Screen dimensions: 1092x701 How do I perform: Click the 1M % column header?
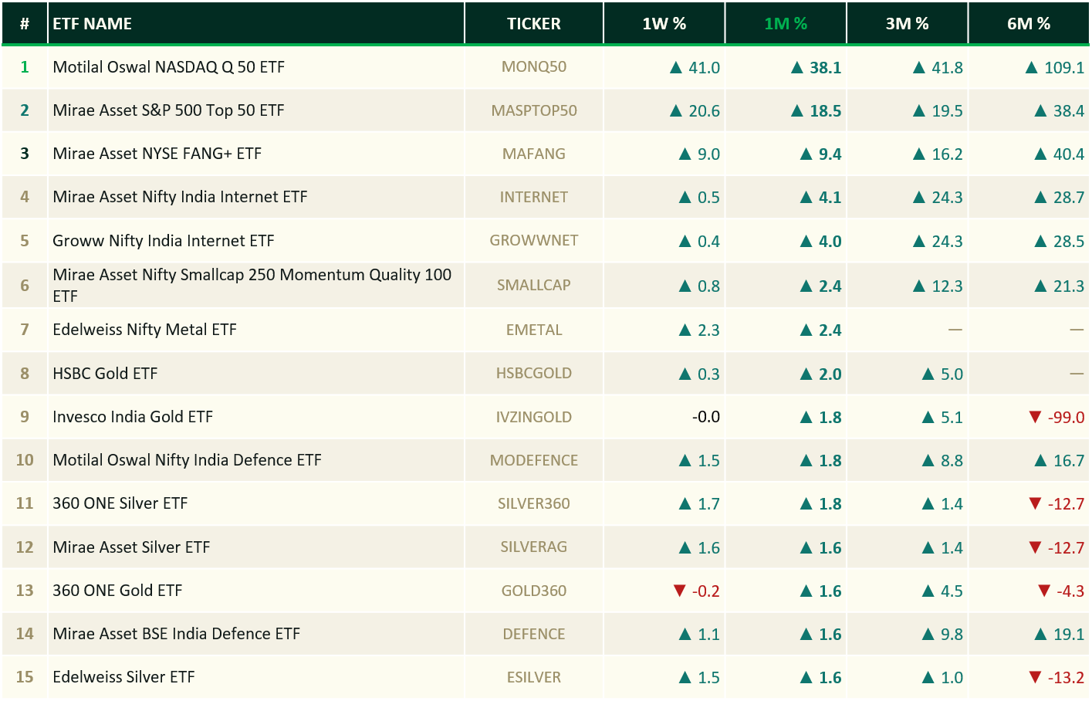pyautogui.click(x=786, y=23)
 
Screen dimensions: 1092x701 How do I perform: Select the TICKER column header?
pyautogui.click(x=534, y=23)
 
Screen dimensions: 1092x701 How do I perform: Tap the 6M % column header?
pyautogui.click(x=1029, y=23)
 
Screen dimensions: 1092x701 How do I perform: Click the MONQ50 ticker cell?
pyautogui.click(x=534, y=67)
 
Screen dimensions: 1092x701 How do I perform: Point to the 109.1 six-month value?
pyautogui.click(x=1064, y=67)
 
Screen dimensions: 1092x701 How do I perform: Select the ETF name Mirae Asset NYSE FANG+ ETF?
pyautogui.click(x=157, y=154)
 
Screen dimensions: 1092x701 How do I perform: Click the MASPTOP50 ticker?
pyautogui.click(x=534, y=110)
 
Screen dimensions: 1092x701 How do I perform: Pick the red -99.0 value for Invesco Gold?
pyautogui.click(x=1067, y=417)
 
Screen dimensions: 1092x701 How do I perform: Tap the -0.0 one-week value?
pyautogui.click(x=706, y=417)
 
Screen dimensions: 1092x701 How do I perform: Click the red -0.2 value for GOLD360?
pyautogui.click(x=706, y=591)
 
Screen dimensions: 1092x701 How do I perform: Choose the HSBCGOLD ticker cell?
pyautogui.click(x=534, y=373)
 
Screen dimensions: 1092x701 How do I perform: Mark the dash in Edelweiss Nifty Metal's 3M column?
pyautogui.click(x=955, y=330)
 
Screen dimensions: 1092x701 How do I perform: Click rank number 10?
pyautogui.click(x=25, y=460)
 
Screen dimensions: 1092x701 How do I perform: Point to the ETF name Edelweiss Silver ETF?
pyautogui.click(x=123, y=677)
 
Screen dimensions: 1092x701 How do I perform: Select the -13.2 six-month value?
pyautogui.click(x=1067, y=678)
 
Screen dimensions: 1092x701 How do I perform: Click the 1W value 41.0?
pyautogui.click(x=704, y=67)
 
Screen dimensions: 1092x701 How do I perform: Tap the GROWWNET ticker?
pyautogui.click(x=534, y=241)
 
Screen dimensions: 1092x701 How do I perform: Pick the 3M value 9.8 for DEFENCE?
pyautogui.click(x=952, y=634)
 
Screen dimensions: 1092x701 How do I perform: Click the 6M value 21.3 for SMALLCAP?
pyautogui.click(x=1069, y=286)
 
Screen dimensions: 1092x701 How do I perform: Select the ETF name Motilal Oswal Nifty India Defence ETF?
pyautogui.click(x=188, y=460)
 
